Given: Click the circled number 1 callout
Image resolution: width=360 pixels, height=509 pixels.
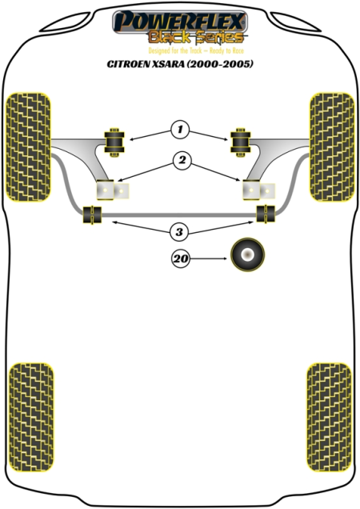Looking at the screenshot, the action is point(180,130).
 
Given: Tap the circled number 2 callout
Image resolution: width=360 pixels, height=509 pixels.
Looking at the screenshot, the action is point(182,160).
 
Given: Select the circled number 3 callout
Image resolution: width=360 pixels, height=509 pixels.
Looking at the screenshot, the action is point(179,232).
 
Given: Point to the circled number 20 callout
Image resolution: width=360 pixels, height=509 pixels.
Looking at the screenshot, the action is point(181,259).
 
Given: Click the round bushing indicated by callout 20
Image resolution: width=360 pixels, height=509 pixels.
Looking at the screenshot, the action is point(248,254).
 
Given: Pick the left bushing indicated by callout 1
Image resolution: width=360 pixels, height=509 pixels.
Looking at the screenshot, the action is point(114,142).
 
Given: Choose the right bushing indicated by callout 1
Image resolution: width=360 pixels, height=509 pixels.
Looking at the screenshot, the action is point(240,142).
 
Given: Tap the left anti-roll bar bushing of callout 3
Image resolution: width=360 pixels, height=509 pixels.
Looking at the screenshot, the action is point(92,214).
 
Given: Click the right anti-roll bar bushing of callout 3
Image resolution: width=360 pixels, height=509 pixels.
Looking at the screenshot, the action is point(266,214).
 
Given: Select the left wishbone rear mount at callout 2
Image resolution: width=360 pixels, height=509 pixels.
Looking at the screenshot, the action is point(113,190).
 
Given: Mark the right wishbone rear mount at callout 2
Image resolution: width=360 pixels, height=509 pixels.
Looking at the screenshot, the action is point(258,190).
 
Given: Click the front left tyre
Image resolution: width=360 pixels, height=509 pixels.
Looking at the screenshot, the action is point(29,146).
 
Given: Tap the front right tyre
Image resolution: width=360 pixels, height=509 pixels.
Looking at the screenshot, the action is point(332,146).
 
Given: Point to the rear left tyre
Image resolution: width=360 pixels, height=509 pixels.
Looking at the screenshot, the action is point(31,417).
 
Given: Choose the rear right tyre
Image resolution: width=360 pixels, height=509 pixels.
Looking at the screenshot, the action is point(329,417).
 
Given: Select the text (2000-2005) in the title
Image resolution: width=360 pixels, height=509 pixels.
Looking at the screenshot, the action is point(219,64).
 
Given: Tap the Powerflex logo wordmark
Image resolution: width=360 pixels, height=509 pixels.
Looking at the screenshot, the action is point(180,21).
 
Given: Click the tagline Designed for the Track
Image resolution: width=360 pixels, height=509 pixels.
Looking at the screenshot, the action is point(175,50).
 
